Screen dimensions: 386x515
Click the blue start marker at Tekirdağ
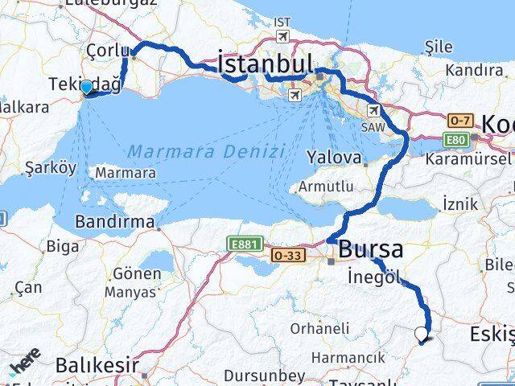point(86,87)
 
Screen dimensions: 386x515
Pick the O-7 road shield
point(460,121)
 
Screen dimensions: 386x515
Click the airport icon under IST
point(282,36)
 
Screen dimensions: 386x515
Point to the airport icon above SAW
point(374,110)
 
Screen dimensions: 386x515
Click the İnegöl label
point(374,277)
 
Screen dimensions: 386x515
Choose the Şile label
point(439,47)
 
